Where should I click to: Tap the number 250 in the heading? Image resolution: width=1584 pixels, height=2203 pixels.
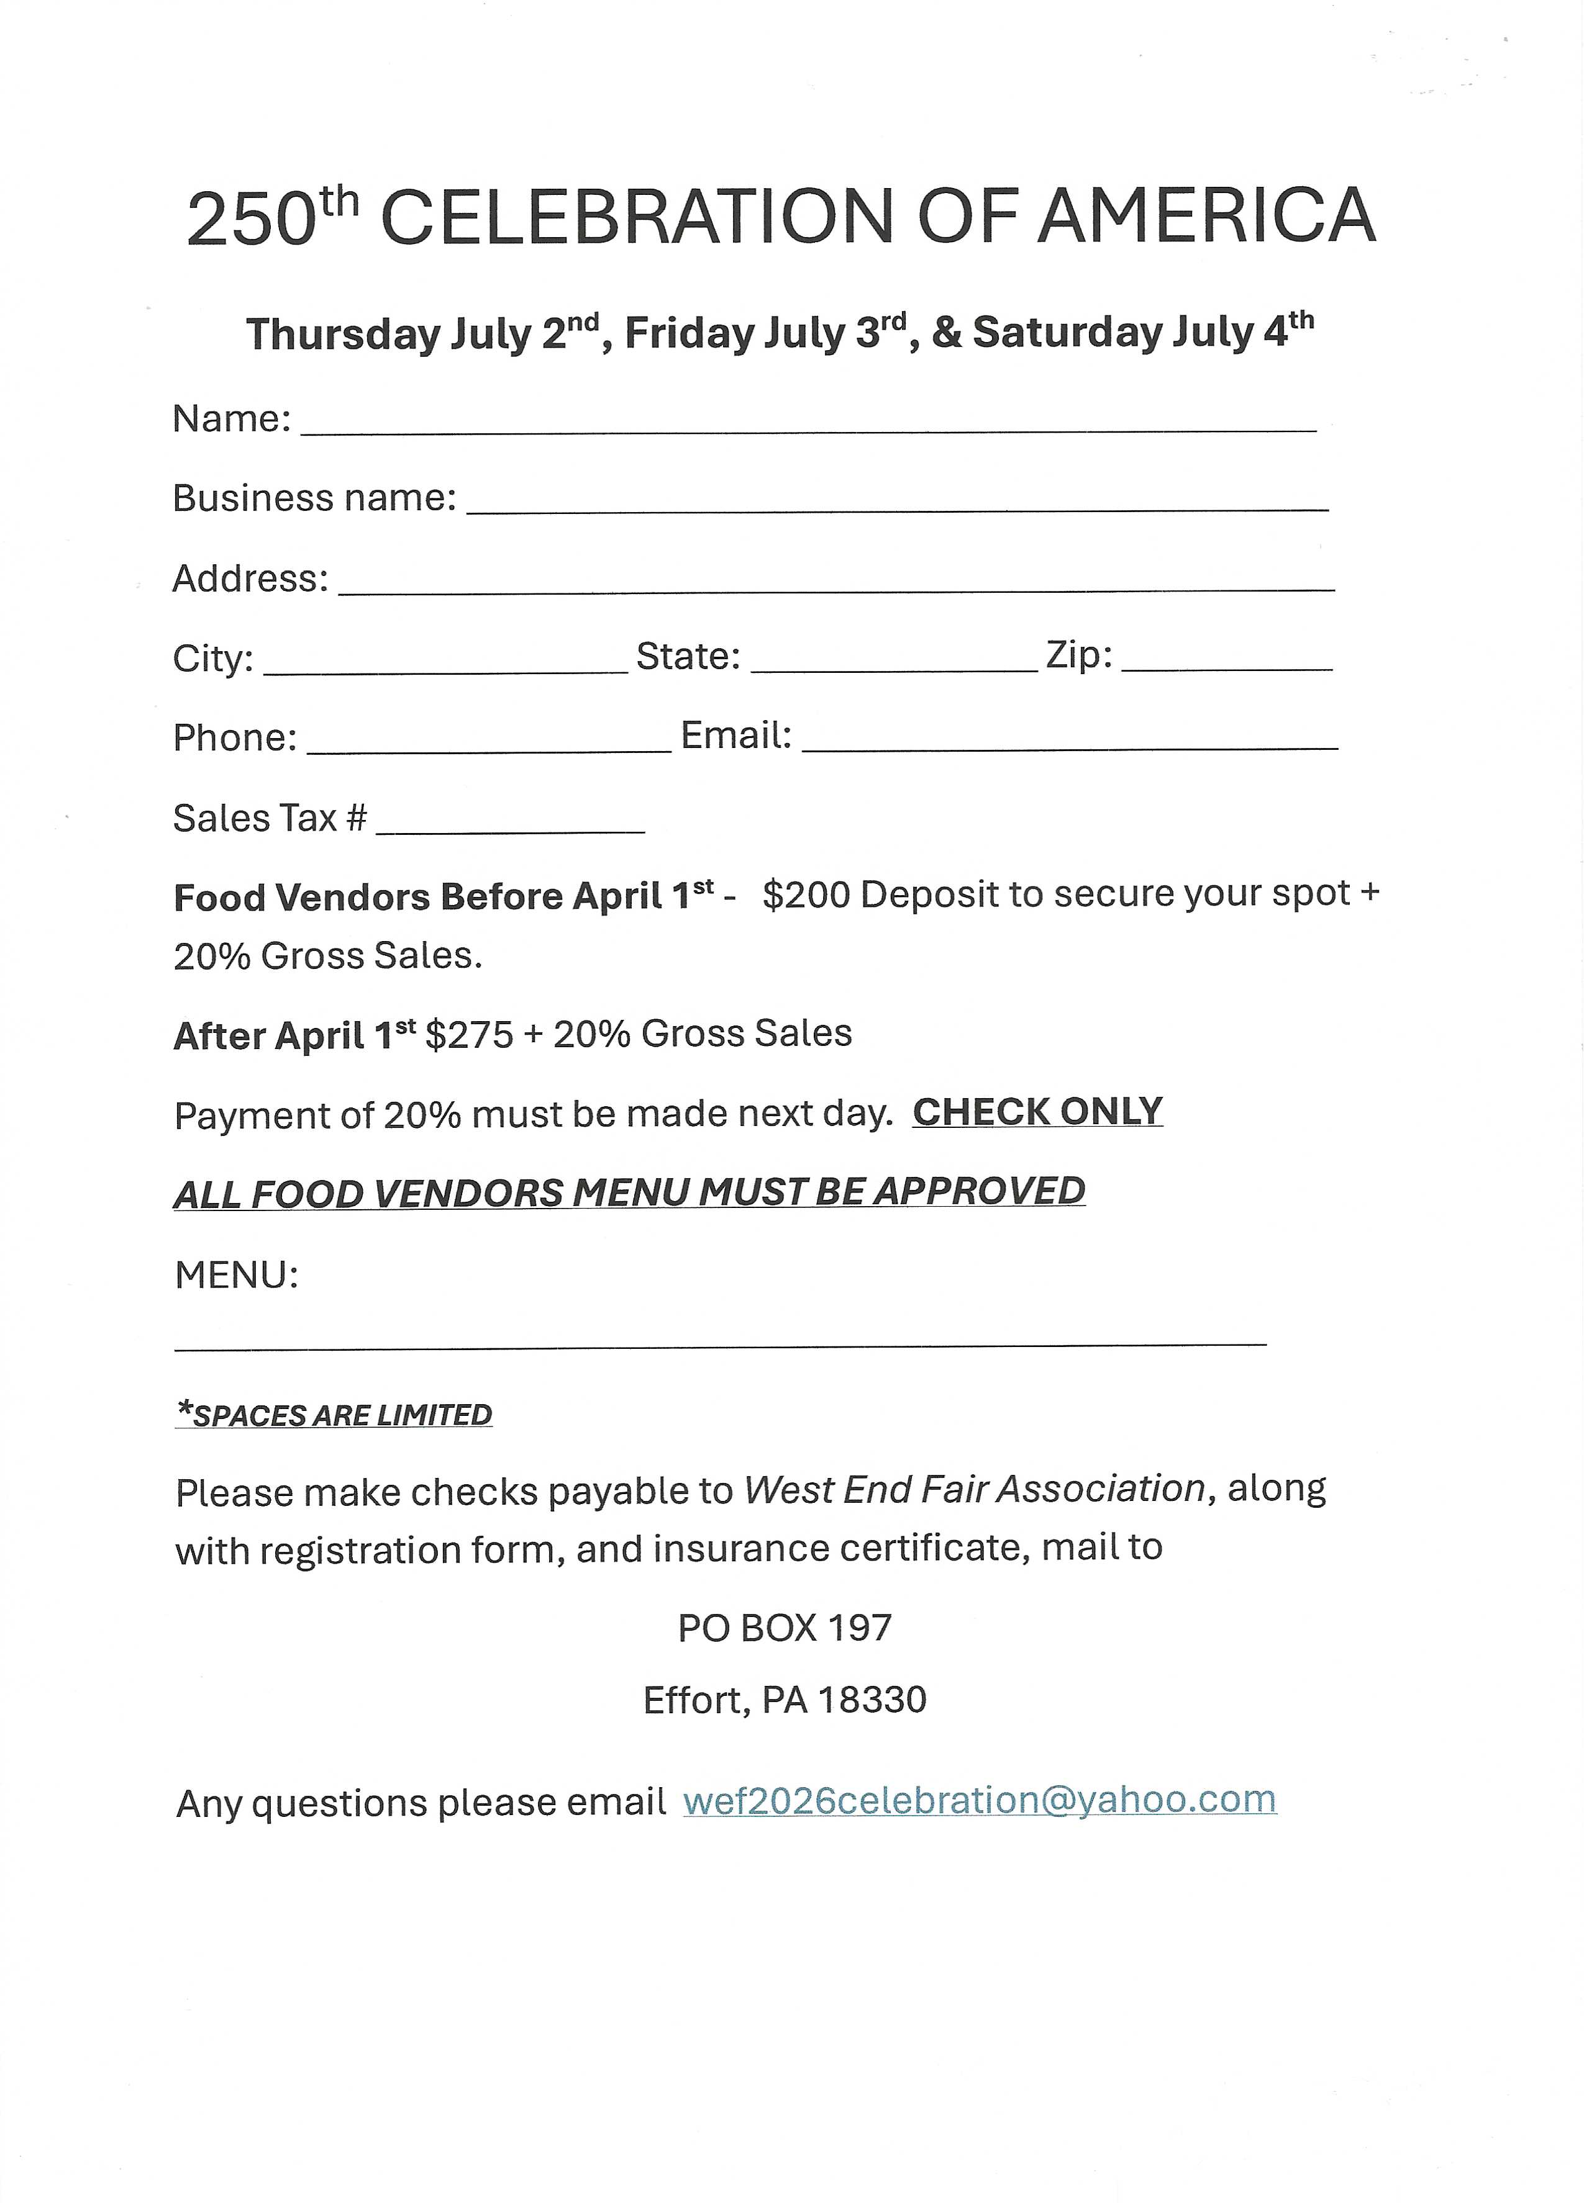coord(251,222)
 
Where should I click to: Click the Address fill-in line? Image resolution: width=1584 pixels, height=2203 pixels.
coord(835,586)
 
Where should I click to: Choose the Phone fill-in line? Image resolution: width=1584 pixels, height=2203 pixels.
coord(489,746)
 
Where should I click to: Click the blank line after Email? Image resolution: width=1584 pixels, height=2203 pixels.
coord(1069,744)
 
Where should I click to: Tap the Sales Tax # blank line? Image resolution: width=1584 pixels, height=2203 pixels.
coord(510,827)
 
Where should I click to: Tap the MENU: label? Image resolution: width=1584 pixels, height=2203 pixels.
coord(236,1274)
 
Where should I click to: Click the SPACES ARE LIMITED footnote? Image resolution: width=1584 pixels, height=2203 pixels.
coord(334,1414)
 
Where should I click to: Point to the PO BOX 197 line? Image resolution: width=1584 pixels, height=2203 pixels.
coord(784,1627)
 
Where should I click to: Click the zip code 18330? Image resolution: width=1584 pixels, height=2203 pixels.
coord(872,1700)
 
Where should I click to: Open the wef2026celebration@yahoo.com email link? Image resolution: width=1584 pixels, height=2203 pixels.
coord(978,1800)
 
